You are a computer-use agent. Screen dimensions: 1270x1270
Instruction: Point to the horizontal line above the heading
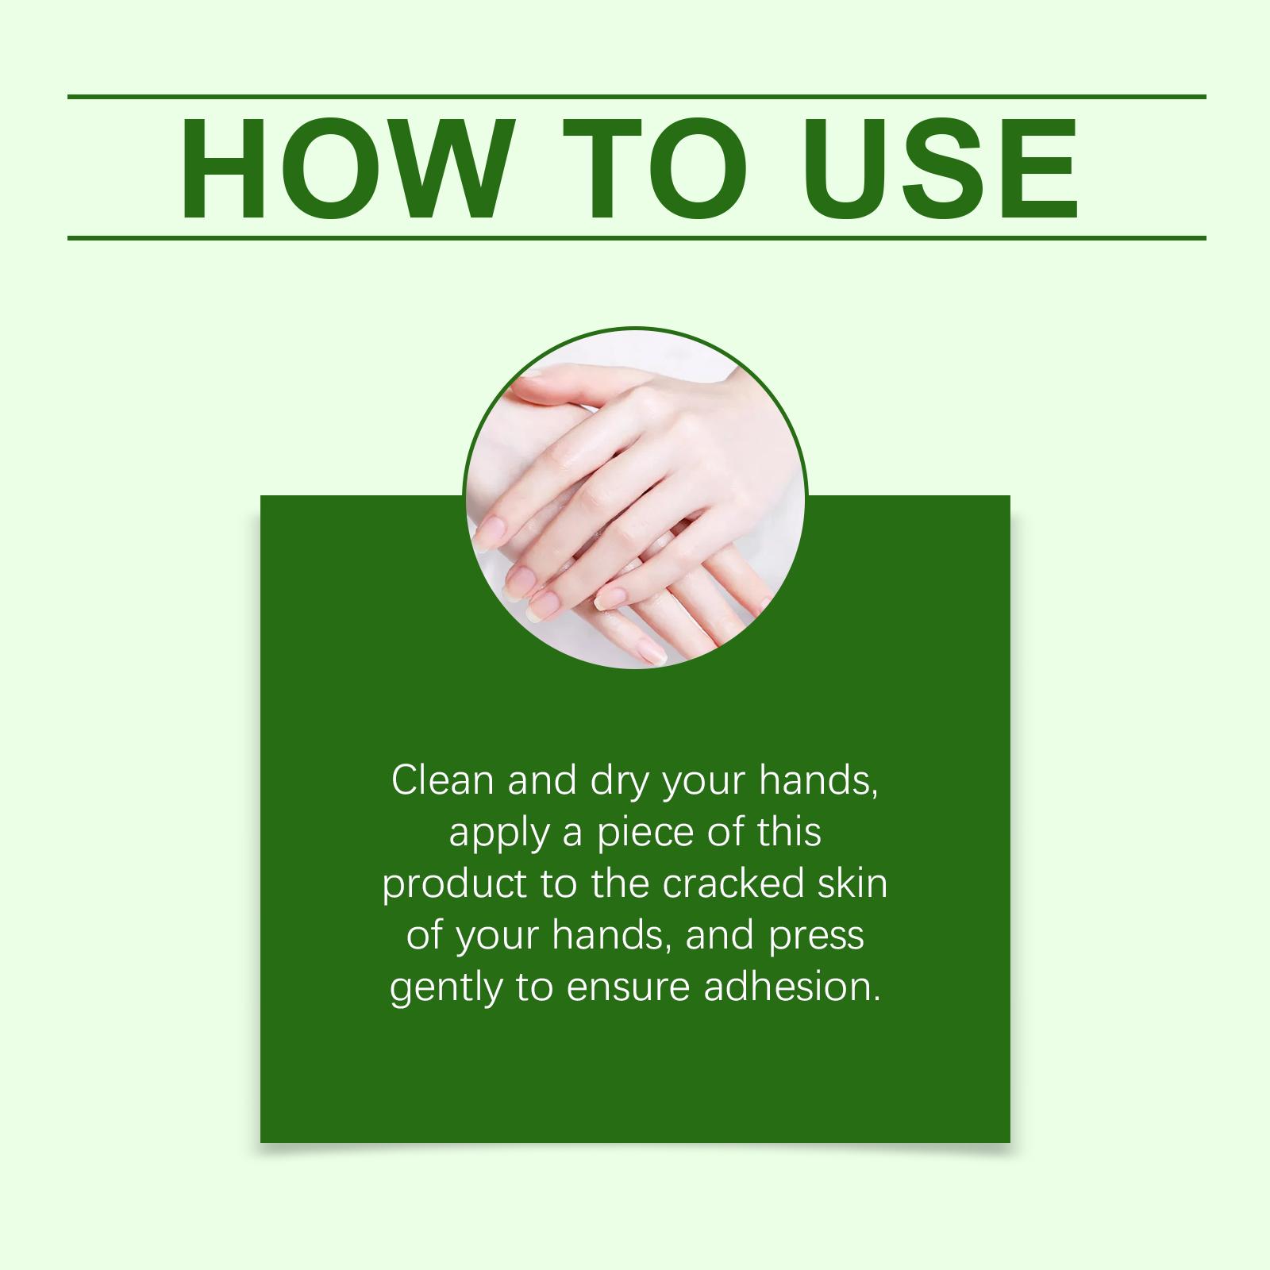point(637,97)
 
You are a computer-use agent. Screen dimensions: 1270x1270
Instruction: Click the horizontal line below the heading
point(637,237)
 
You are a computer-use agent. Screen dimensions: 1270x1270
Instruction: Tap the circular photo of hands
point(635,498)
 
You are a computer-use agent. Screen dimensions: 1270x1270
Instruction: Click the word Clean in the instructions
point(443,781)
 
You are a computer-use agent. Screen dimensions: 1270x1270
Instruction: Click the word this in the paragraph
point(789,832)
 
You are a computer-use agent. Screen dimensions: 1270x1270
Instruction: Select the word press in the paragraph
point(816,939)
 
